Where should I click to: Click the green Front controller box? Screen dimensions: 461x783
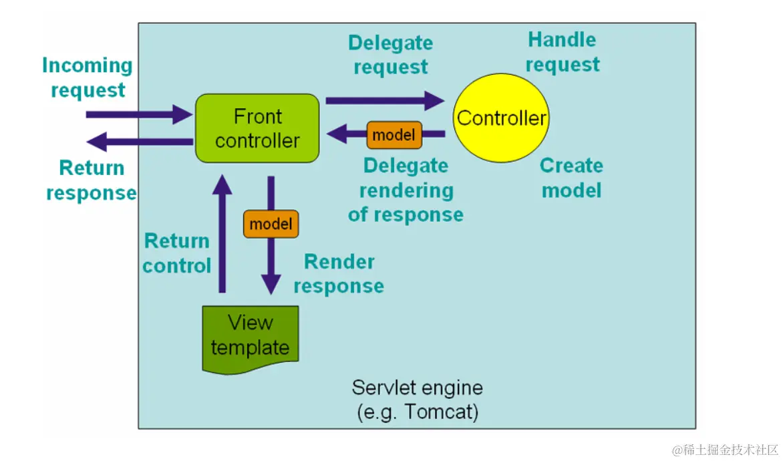click(x=257, y=128)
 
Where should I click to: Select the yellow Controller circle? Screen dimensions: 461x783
click(x=501, y=118)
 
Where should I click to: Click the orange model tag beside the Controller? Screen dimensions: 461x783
click(x=394, y=135)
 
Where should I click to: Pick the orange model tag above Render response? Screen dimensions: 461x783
click(x=271, y=224)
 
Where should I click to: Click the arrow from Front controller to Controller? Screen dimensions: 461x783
click(x=384, y=101)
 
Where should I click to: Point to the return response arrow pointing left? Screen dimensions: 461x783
click(x=140, y=141)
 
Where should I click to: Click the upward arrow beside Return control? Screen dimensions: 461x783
click(x=222, y=234)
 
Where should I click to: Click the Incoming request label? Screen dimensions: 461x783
click(x=88, y=78)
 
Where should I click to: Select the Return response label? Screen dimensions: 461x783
click(x=92, y=180)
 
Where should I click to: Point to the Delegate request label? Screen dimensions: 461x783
click(x=391, y=55)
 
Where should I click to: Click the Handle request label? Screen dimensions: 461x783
click(x=563, y=52)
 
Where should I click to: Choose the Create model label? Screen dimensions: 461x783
click(x=571, y=178)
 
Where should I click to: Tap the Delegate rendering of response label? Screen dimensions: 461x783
click(x=406, y=190)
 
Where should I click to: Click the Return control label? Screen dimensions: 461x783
click(x=177, y=253)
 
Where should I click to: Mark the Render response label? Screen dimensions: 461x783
click(x=339, y=274)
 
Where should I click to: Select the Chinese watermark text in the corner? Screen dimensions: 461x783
click(x=726, y=449)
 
